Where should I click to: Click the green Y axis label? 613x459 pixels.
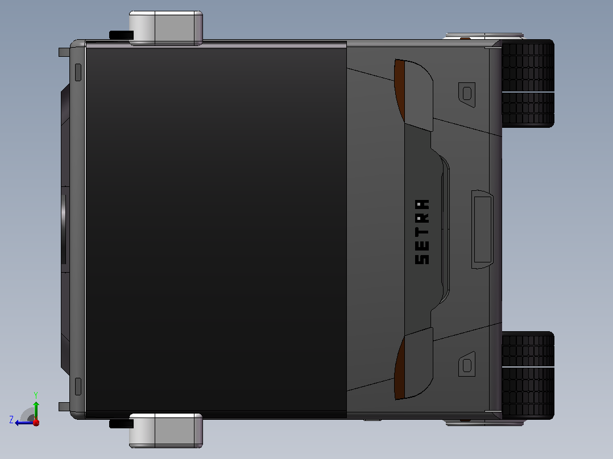click(x=36, y=395)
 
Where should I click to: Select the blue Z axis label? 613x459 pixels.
click(x=11, y=420)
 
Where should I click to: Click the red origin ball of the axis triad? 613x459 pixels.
click(x=36, y=422)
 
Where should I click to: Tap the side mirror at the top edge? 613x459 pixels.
click(x=166, y=28)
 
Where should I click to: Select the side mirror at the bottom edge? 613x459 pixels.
click(x=166, y=431)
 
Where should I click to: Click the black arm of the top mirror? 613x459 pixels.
click(x=121, y=35)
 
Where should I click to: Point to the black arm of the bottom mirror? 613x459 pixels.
click(x=121, y=423)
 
